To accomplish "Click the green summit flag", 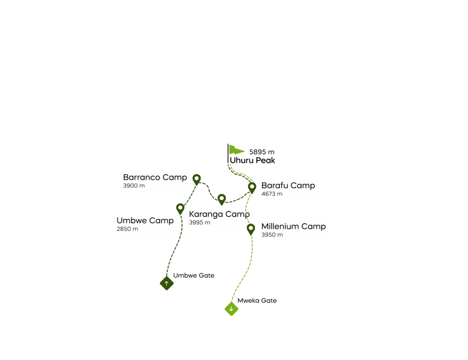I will (x=236, y=150).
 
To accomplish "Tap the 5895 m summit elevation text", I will (x=262, y=152).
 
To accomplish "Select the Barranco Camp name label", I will (x=155, y=177).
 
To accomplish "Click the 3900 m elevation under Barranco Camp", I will (x=134, y=186).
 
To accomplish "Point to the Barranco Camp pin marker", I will (x=197, y=178).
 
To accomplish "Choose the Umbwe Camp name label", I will (x=145, y=220).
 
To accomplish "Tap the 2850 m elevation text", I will (x=128, y=229).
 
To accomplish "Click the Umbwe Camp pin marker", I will (x=180, y=208).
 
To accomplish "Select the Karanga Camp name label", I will (x=219, y=214).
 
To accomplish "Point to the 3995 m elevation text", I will (x=200, y=223).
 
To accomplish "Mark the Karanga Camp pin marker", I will (x=222, y=199).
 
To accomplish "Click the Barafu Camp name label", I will (x=288, y=185).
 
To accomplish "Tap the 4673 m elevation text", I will (x=272, y=194).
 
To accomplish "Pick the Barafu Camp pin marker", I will (x=252, y=187).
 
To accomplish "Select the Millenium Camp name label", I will (x=293, y=226).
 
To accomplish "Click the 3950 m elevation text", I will (x=272, y=235).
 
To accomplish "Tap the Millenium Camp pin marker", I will (x=250, y=228).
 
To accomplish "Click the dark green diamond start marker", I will (x=166, y=284).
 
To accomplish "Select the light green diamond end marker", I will (x=231, y=309).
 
